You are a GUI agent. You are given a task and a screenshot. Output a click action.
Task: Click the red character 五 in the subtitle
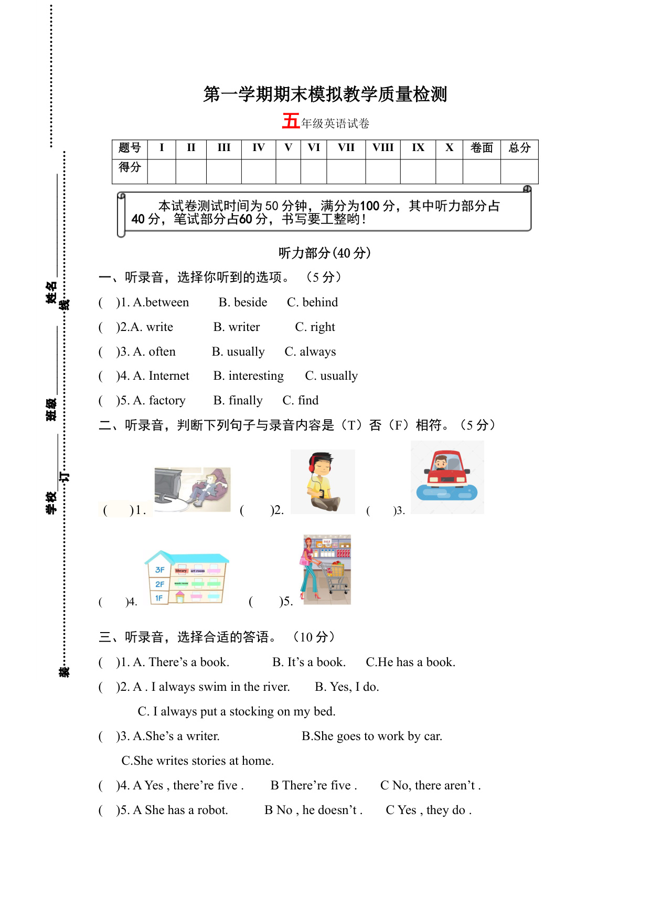tap(291, 121)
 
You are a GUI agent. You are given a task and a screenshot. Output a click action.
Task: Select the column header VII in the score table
tap(346, 148)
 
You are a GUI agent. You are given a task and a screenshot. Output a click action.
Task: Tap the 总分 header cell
tap(519, 148)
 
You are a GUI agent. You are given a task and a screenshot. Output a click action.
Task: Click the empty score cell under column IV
tap(259, 171)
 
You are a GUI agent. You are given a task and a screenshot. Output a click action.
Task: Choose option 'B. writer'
tap(237, 327)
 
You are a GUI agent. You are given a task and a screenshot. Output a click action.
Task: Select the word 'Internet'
tap(169, 376)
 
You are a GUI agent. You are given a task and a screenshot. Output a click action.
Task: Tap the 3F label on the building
tap(160, 570)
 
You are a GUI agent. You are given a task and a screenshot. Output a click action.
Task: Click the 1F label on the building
tap(159, 598)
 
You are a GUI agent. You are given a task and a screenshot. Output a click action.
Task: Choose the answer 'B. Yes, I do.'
tap(347, 687)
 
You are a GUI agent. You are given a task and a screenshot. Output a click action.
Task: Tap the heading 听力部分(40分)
tap(325, 253)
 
